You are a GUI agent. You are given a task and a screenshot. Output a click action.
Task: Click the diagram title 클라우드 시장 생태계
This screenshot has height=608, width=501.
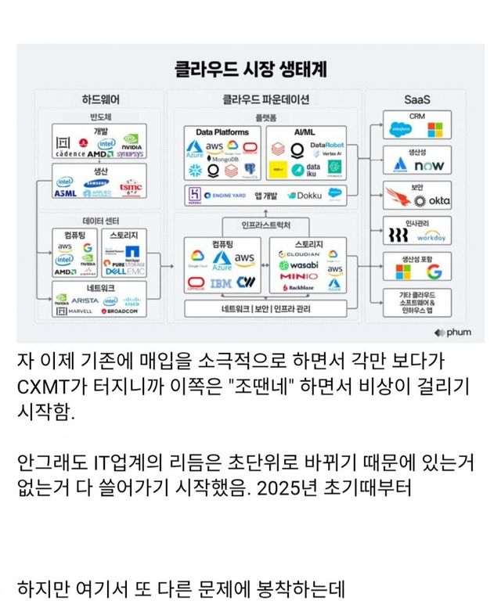tap(250, 69)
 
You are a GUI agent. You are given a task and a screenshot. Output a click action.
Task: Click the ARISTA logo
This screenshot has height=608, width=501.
tap(85, 300)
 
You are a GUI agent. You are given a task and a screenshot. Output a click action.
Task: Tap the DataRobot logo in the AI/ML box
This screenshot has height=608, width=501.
tap(327, 145)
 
